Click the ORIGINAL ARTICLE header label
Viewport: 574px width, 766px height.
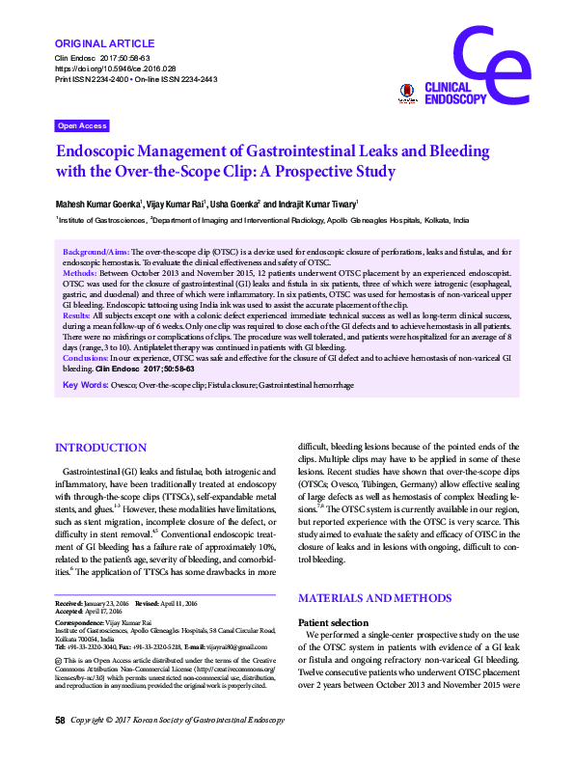[104, 43]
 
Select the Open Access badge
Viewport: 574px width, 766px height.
[82, 126]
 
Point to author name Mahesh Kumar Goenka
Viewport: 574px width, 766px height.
[99, 205]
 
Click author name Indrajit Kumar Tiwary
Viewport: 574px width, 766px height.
[310, 205]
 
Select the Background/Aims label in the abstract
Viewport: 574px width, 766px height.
[96, 250]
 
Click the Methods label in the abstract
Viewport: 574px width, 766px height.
[80, 274]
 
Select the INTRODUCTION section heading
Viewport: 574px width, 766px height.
[101, 448]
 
